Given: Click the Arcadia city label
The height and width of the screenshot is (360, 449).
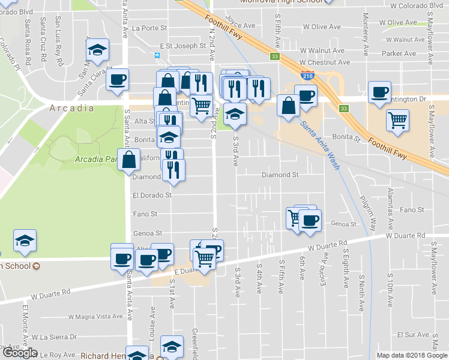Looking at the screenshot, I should (71, 109).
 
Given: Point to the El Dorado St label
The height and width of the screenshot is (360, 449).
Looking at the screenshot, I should (152, 195).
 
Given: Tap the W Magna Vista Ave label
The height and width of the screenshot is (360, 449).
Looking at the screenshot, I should (95, 316).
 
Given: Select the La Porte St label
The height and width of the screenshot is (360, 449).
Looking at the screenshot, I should (149, 28).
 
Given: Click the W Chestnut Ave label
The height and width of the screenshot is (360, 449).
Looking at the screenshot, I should (324, 62).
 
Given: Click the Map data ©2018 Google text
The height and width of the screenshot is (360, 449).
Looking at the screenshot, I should (411, 355).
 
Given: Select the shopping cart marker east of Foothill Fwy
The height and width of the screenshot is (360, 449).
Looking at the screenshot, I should (397, 119).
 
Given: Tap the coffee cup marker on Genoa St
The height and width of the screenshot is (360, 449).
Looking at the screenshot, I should (310, 220).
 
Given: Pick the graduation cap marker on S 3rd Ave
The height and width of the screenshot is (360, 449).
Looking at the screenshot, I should (235, 113).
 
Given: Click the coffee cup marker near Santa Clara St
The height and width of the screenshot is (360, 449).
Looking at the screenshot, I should (118, 79).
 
